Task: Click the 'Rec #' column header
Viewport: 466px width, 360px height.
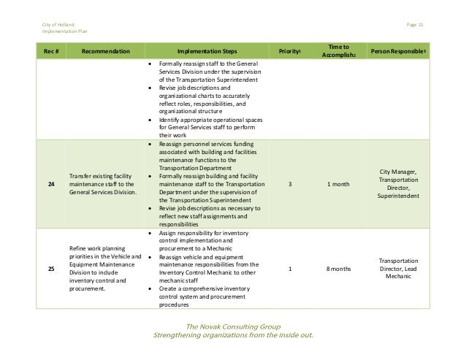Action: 50,52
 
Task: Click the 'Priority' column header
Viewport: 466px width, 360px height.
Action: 290,52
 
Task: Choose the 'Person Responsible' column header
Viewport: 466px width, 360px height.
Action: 401,52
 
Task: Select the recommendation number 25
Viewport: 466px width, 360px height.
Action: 50,269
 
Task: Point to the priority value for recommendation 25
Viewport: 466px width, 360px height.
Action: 290,269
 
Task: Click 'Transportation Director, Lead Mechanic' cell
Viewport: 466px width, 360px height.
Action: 401,269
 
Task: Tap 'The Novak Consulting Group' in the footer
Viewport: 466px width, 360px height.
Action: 232,326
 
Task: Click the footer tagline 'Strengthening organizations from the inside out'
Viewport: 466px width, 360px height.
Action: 232,336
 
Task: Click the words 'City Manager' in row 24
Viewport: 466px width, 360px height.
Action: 401,171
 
